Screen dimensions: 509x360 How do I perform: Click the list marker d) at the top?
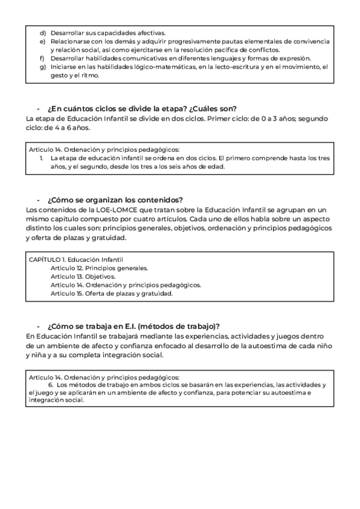pos(43,32)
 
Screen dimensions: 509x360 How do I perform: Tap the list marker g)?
pos(43,67)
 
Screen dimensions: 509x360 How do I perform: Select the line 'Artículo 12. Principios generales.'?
pos(99,268)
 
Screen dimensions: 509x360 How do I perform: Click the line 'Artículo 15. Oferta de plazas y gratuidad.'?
pos(112,294)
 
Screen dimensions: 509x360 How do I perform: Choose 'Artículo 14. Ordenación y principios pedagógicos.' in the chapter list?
pos(125,285)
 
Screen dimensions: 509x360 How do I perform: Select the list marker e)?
pos(43,41)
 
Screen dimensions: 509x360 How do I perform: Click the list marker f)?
pos(42,58)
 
